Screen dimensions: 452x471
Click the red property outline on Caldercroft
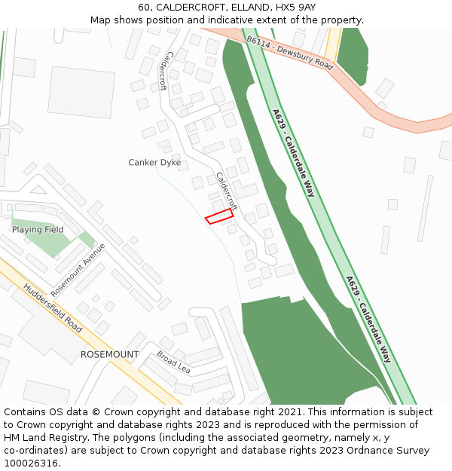[219, 217]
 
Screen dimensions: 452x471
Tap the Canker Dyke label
[154, 162]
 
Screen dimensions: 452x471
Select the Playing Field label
[38, 229]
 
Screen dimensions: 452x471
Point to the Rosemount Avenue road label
[78, 269]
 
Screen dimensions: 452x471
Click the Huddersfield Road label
[53, 308]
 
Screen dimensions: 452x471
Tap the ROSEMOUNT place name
[109, 354]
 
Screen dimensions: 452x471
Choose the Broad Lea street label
[173, 362]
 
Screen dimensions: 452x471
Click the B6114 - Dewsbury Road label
[289, 53]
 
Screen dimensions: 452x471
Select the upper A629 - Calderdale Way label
[293, 153]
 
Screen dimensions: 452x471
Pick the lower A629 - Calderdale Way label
[369, 319]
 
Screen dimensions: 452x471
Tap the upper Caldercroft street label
[166, 71]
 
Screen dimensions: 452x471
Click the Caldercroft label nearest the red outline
[226, 191]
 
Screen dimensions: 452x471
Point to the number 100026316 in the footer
[31, 463]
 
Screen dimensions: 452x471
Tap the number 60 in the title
[144, 7]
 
